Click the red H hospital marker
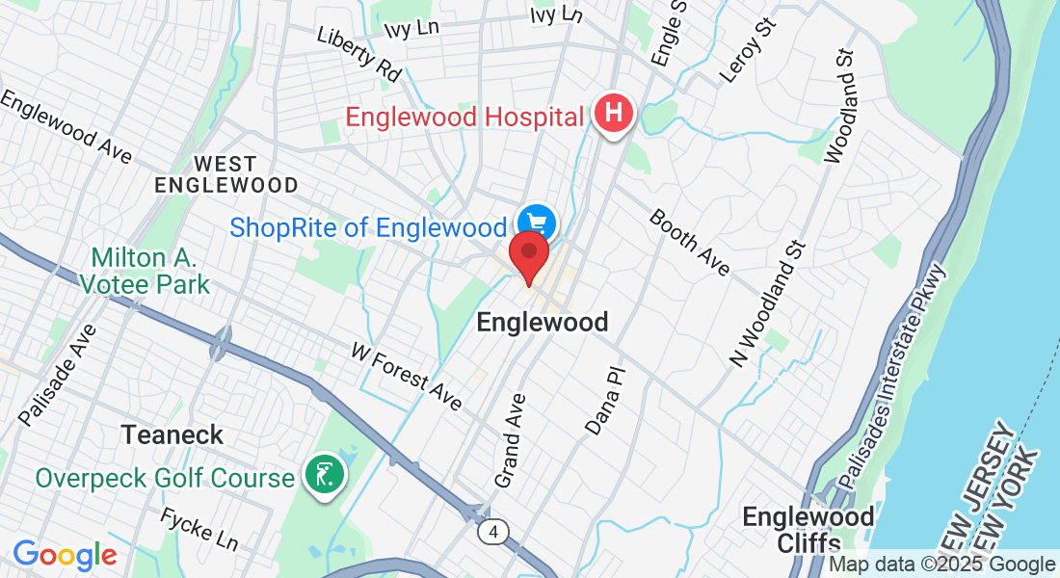(614, 115)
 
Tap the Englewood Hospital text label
(465, 118)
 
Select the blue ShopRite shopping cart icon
(535, 223)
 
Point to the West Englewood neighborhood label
(226, 173)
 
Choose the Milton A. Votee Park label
(146, 271)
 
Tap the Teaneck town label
(172, 434)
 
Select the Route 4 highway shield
(492, 531)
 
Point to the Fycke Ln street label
(199, 529)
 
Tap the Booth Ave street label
(690, 242)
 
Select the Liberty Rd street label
(358, 52)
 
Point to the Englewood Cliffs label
(808, 530)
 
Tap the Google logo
(65, 555)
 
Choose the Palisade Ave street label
(58, 375)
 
